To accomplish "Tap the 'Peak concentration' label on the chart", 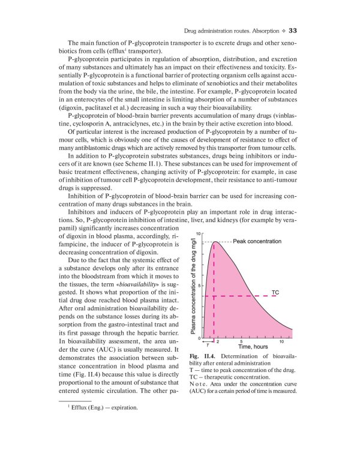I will point(257,241).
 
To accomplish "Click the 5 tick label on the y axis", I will point(200,286).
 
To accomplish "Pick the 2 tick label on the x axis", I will point(217,341).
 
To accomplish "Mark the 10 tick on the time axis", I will point(282,341).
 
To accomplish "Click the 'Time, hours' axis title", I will point(253,347).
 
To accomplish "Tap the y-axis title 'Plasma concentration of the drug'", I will point(193,288).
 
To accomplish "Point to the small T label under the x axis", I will point(208,346).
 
